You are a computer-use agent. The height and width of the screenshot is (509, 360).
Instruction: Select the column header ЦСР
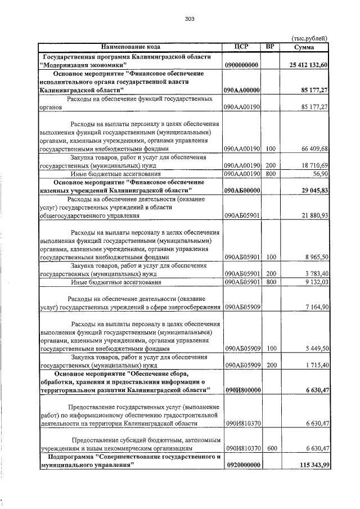tap(241, 47)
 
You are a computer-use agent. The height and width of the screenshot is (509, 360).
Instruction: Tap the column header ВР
tap(270, 47)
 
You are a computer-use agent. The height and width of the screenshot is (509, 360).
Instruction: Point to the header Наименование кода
tap(130, 47)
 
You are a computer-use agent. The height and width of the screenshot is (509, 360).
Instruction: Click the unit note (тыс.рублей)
tap(309, 38)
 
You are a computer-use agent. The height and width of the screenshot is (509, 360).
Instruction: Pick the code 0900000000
tap(241, 66)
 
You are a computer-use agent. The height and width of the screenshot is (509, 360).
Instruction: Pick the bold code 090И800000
tap(241, 390)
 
